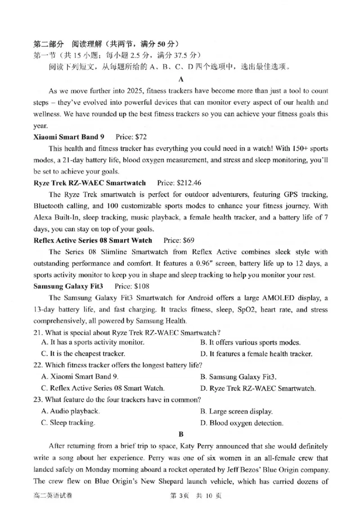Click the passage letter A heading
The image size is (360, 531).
point(181,79)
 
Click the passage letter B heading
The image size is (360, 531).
point(181,434)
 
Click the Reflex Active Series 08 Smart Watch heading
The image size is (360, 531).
point(93,241)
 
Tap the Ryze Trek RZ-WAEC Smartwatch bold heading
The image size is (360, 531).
point(90,183)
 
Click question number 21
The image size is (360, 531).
point(38,333)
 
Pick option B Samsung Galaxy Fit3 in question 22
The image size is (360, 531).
point(238,377)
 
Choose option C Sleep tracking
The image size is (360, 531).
point(68,423)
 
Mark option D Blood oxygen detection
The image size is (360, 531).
point(242,423)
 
